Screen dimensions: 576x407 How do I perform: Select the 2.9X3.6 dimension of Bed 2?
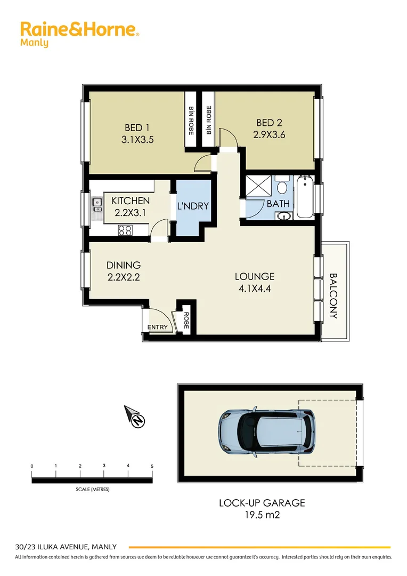(270, 134)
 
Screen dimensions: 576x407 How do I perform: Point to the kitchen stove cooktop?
(125, 230)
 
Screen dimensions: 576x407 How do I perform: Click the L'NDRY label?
(192, 206)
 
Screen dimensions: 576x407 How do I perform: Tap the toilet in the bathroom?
(281, 187)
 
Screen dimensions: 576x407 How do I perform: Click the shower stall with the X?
(257, 187)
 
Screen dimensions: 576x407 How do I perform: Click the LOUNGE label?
(255, 276)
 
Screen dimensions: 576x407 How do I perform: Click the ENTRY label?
(158, 327)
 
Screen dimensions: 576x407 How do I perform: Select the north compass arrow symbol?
(135, 417)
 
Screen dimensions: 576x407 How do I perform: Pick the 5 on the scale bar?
(152, 466)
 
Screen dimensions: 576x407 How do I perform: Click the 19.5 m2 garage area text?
(262, 515)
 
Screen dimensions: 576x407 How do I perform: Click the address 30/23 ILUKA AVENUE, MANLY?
(66, 547)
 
